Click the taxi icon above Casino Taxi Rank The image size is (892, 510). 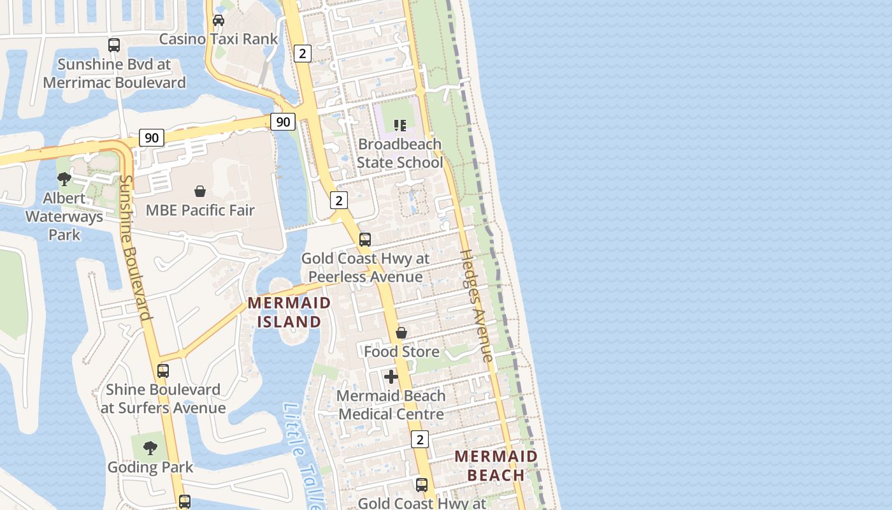click(219, 20)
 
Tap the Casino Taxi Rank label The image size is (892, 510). click(219, 39)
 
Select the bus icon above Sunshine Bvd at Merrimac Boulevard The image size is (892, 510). click(114, 45)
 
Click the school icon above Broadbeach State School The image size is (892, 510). click(399, 125)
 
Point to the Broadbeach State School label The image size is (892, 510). click(399, 153)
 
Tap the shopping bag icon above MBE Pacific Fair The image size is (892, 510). click(200, 191)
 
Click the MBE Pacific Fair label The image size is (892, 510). click(200, 210)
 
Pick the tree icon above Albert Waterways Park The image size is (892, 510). click(64, 179)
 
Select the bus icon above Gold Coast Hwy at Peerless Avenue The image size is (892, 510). click(365, 240)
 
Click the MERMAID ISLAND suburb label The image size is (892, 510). click(289, 312)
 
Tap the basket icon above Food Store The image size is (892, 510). click(401, 333)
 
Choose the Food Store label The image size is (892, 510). click(401, 351)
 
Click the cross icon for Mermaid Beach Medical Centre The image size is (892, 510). click(391, 377)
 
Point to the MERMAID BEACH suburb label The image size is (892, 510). click(496, 465)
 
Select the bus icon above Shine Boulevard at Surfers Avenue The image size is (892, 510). click(163, 370)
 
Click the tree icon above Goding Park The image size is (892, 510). click(150, 448)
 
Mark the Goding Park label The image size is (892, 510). click(150, 467)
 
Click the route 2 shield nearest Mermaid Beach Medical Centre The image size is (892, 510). click(420, 439)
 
